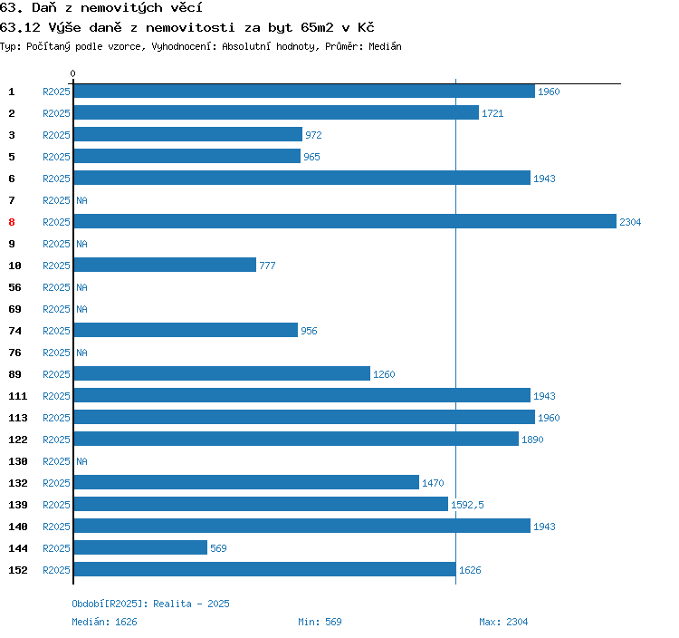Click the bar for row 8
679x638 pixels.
click(344, 222)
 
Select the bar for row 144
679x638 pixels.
click(140, 548)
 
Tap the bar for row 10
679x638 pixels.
click(165, 266)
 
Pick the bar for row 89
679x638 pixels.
click(222, 374)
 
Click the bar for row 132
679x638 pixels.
click(246, 483)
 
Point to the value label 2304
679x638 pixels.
click(630, 222)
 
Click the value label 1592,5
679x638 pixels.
click(467, 505)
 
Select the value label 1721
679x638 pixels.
click(493, 113)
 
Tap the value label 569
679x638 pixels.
click(218, 548)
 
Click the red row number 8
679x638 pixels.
click(12, 222)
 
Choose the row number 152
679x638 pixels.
click(18, 570)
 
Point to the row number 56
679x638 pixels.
click(14, 287)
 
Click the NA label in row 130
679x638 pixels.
click(81, 461)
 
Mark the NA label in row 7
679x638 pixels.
click(81, 200)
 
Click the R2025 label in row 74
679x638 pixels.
click(56, 331)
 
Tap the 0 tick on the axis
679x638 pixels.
click(73, 73)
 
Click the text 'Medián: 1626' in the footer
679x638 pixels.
click(104, 622)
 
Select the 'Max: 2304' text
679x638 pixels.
click(503, 622)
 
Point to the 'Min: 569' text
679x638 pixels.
click(320, 622)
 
